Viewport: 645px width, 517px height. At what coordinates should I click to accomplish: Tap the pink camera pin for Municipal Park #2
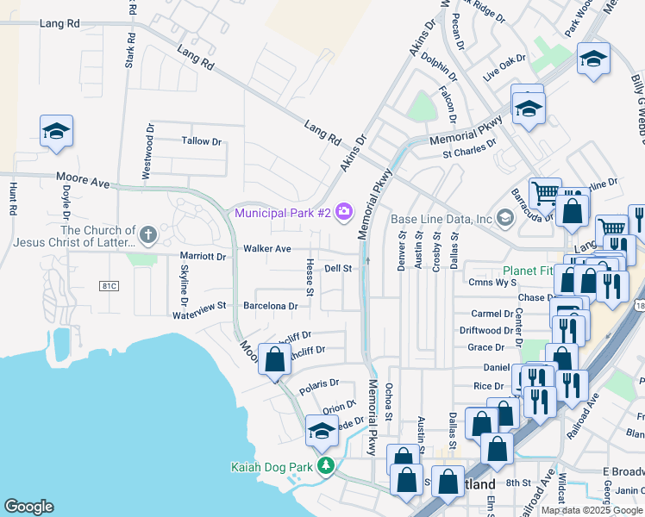pyautogui.click(x=345, y=211)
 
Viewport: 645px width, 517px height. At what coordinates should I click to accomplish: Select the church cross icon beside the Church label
pyautogui.click(x=148, y=234)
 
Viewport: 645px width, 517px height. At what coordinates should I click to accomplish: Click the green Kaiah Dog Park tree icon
pyautogui.click(x=326, y=467)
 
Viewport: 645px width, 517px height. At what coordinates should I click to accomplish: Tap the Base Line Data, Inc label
pyautogui.click(x=441, y=219)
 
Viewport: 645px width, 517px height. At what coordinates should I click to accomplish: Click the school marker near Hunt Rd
pyautogui.click(x=56, y=132)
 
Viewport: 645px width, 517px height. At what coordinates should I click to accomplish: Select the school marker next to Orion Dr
pyautogui.click(x=322, y=432)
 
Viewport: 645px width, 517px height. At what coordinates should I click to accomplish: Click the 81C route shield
pyautogui.click(x=108, y=285)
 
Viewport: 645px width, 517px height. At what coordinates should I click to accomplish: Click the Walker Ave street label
pyautogui.click(x=266, y=248)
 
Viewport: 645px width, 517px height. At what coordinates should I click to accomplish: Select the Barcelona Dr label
pyautogui.click(x=270, y=305)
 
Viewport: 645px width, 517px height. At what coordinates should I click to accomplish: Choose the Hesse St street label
pyautogui.click(x=310, y=277)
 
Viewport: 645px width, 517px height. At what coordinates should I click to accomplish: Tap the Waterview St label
pyautogui.click(x=198, y=305)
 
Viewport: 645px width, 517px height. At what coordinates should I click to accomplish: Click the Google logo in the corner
pyautogui.click(x=29, y=507)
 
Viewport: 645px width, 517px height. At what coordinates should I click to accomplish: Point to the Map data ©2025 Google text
pyautogui.click(x=591, y=510)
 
